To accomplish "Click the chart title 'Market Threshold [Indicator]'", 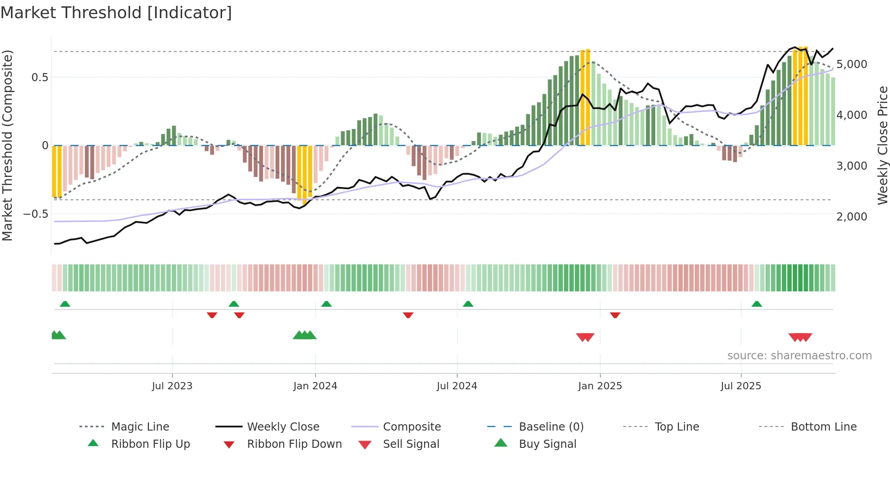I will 116,13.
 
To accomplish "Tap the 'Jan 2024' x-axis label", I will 315,386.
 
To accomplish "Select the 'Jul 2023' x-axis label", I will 172,386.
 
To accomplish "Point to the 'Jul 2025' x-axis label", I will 741,386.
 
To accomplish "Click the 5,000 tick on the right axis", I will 852,64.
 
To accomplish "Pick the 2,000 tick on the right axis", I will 852,217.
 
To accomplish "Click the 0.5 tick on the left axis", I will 40,78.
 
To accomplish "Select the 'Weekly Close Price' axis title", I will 882,145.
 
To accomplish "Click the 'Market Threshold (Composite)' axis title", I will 7,145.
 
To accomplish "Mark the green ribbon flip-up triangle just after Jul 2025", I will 756,304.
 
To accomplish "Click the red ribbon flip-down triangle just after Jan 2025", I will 615,315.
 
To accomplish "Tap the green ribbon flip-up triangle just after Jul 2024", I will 468,304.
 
